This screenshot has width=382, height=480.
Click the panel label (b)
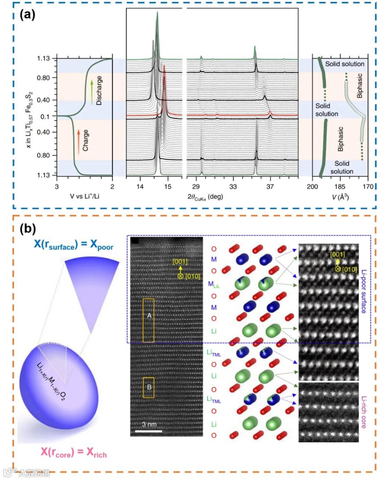pyautogui.click(x=28, y=229)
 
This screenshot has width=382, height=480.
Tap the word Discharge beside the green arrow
pyautogui.click(x=99, y=90)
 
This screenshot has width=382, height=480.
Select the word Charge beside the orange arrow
pyautogui.click(x=85, y=140)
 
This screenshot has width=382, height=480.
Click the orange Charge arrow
pyautogui.click(x=78, y=142)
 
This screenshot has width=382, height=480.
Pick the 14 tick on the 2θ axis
pyautogui.click(x=140, y=186)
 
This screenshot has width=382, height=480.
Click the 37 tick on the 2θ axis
pyautogui.click(x=270, y=186)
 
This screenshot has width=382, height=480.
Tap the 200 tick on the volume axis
pyautogui.click(x=312, y=186)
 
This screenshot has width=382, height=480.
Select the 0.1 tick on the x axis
pyautogui.click(x=45, y=117)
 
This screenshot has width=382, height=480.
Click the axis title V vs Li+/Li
pyautogui.click(x=85, y=196)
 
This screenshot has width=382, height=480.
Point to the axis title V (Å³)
pyautogui.click(x=340, y=197)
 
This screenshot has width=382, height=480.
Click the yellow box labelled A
pyautogui.click(x=148, y=320)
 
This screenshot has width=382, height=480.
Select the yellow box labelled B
pyautogui.click(x=149, y=387)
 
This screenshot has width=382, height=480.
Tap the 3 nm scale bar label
pyautogui.click(x=149, y=424)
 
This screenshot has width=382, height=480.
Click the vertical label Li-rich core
pyautogui.click(x=364, y=412)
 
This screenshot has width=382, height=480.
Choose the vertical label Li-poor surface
pyautogui.click(x=364, y=291)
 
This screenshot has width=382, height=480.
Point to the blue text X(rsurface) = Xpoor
pyautogui.click(x=73, y=245)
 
